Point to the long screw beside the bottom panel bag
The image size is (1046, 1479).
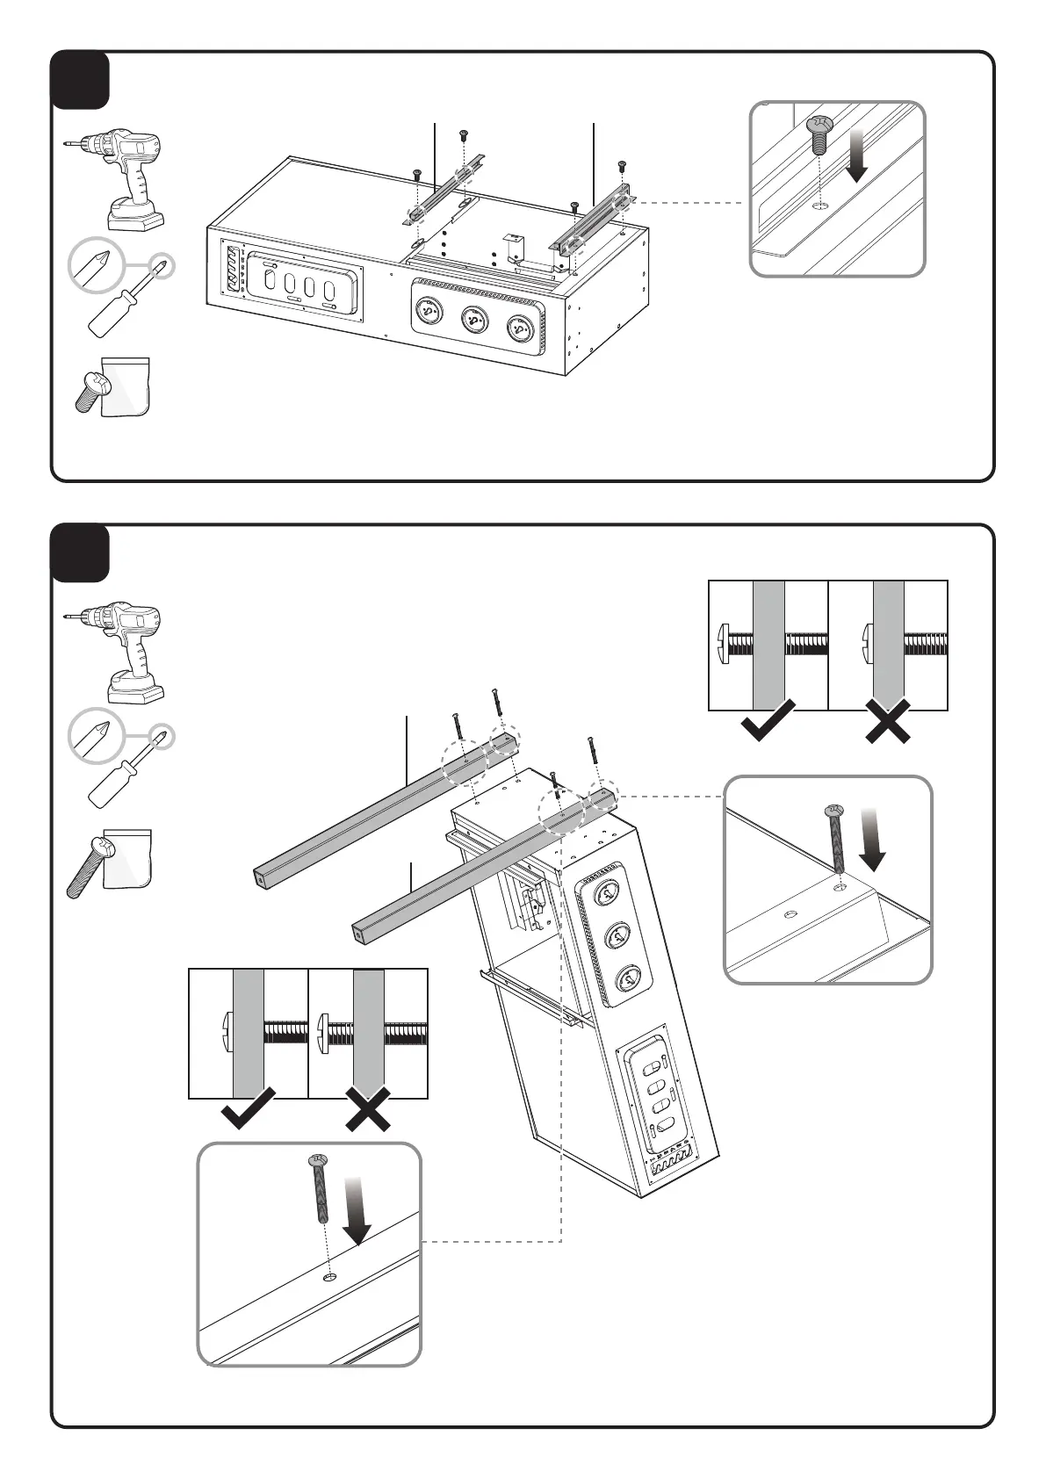coord(88,867)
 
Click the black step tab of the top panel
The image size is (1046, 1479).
coord(80,80)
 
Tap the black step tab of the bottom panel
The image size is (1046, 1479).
coord(80,553)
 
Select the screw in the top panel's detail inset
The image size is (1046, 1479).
coord(819,134)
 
